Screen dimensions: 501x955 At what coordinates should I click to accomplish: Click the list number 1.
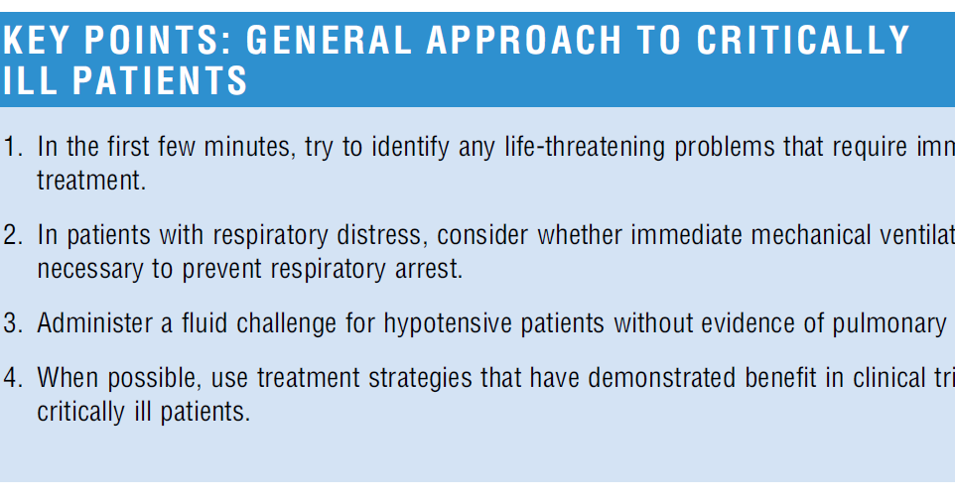[x=12, y=148]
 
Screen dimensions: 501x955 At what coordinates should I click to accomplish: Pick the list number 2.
[x=12, y=236]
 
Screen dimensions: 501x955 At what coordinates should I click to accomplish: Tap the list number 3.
[x=12, y=323]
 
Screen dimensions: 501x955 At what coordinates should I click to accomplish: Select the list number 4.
[x=12, y=378]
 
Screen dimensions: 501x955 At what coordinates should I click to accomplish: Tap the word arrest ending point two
[x=433, y=269]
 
